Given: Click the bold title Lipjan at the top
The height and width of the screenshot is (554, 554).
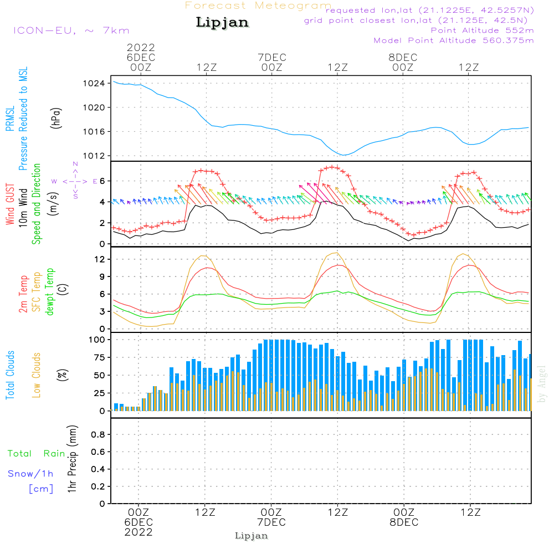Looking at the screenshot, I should click(222, 22).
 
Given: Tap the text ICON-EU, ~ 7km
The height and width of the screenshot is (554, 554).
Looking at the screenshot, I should click(70, 30).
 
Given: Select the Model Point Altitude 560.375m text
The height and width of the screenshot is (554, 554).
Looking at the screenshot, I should click(454, 40).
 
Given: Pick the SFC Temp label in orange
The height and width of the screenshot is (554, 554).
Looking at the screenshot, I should click(37, 291).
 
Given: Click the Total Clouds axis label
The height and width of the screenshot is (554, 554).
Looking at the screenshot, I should click(11, 375).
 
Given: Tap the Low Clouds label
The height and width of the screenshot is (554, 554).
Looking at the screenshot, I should click(37, 375).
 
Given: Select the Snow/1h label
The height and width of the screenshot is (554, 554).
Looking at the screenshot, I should click(31, 474).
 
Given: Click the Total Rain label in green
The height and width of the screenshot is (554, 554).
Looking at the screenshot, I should click(36, 453).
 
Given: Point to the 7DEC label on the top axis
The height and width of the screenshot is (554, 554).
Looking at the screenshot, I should click(272, 58).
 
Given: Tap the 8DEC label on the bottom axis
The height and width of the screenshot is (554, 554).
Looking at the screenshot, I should click(404, 522).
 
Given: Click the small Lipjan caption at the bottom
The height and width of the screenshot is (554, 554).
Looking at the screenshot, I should click(252, 536).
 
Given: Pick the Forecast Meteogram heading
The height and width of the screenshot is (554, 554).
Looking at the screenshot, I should click(258, 6).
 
